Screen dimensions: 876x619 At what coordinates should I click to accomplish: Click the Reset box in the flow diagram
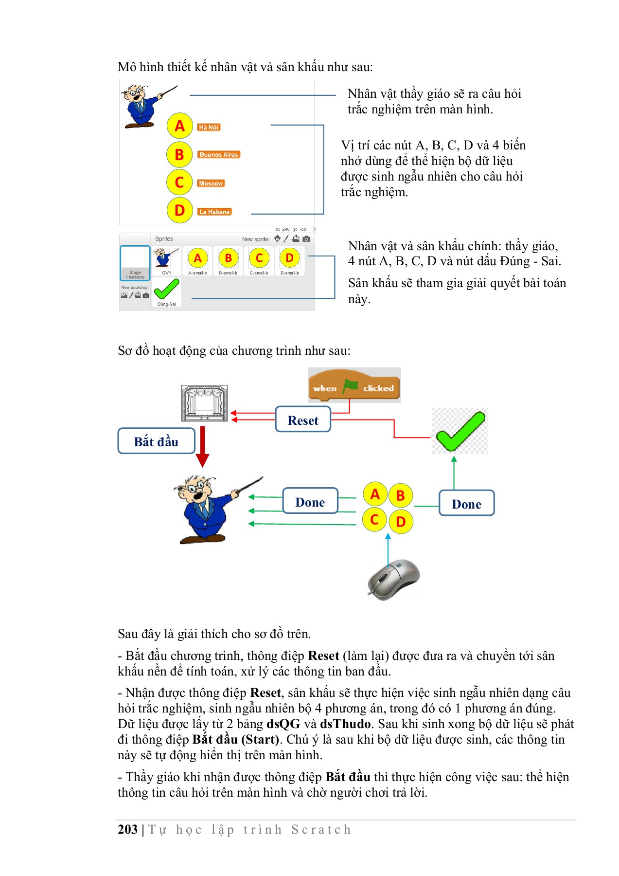(302, 420)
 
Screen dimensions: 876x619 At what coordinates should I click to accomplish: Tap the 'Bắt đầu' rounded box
(156, 441)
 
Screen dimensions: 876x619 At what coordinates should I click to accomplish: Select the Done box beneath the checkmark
(466, 504)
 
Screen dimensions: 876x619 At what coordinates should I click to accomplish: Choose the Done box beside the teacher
(310, 501)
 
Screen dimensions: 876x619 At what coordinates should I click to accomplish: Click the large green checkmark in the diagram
(460, 431)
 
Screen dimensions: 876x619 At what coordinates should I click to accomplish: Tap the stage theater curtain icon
(204, 403)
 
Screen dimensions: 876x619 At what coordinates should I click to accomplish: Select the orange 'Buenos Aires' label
(219, 155)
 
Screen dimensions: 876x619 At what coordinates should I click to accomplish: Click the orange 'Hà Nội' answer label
(209, 128)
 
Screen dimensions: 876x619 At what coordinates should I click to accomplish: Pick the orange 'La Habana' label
(214, 212)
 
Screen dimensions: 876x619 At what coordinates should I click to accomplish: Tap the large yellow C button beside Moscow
(179, 183)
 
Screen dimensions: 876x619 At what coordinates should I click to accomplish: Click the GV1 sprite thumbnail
(166, 260)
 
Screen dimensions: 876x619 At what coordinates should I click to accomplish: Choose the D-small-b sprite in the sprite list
(289, 260)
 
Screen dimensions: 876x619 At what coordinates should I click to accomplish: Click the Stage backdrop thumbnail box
(135, 263)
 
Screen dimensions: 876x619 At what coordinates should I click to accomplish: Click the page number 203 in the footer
(128, 829)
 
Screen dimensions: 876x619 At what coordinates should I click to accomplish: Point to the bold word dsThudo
(346, 724)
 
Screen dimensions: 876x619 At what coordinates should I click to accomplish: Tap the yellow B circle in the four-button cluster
(400, 496)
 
